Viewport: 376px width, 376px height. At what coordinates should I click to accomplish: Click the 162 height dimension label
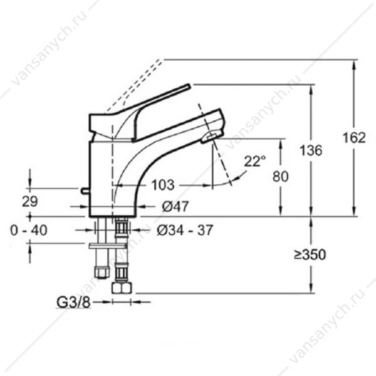pos(354,138)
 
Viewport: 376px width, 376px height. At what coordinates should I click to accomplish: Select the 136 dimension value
pos(311,150)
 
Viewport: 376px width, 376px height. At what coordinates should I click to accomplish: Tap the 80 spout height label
pos(280,177)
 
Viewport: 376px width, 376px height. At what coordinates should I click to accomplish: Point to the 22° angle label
pos(255,161)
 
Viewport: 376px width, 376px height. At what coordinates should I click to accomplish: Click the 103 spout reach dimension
pos(163,185)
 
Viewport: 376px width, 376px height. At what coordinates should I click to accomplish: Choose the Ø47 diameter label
pos(175,206)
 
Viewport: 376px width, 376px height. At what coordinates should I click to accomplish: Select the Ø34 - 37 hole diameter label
pos(185,231)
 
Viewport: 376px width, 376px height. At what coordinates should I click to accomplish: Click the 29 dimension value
pos(30,201)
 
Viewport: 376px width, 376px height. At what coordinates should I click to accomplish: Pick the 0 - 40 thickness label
pos(29,231)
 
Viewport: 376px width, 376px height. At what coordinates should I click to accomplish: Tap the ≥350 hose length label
pos(310,254)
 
